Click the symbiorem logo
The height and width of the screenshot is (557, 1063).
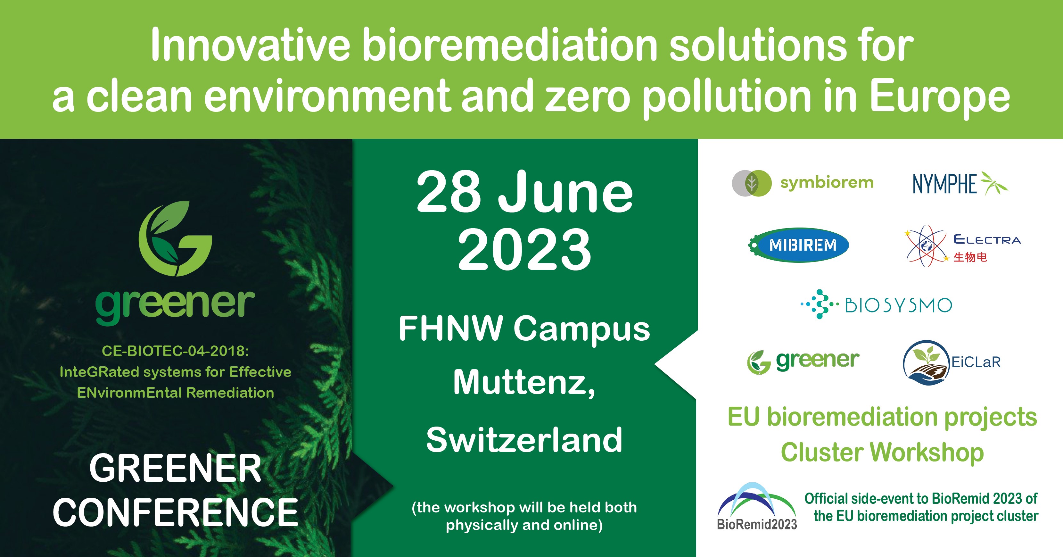click(803, 183)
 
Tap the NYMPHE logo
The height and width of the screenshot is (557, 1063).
click(960, 183)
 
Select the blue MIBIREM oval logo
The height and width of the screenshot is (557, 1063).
click(798, 245)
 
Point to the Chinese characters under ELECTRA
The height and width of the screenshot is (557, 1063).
click(970, 257)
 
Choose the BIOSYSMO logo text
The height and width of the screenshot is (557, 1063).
click(898, 305)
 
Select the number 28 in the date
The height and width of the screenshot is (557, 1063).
click(449, 192)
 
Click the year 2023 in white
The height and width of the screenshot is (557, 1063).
click(524, 250)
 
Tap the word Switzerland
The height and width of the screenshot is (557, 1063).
click(524, 440)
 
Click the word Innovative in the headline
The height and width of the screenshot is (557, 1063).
click(250, 46)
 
